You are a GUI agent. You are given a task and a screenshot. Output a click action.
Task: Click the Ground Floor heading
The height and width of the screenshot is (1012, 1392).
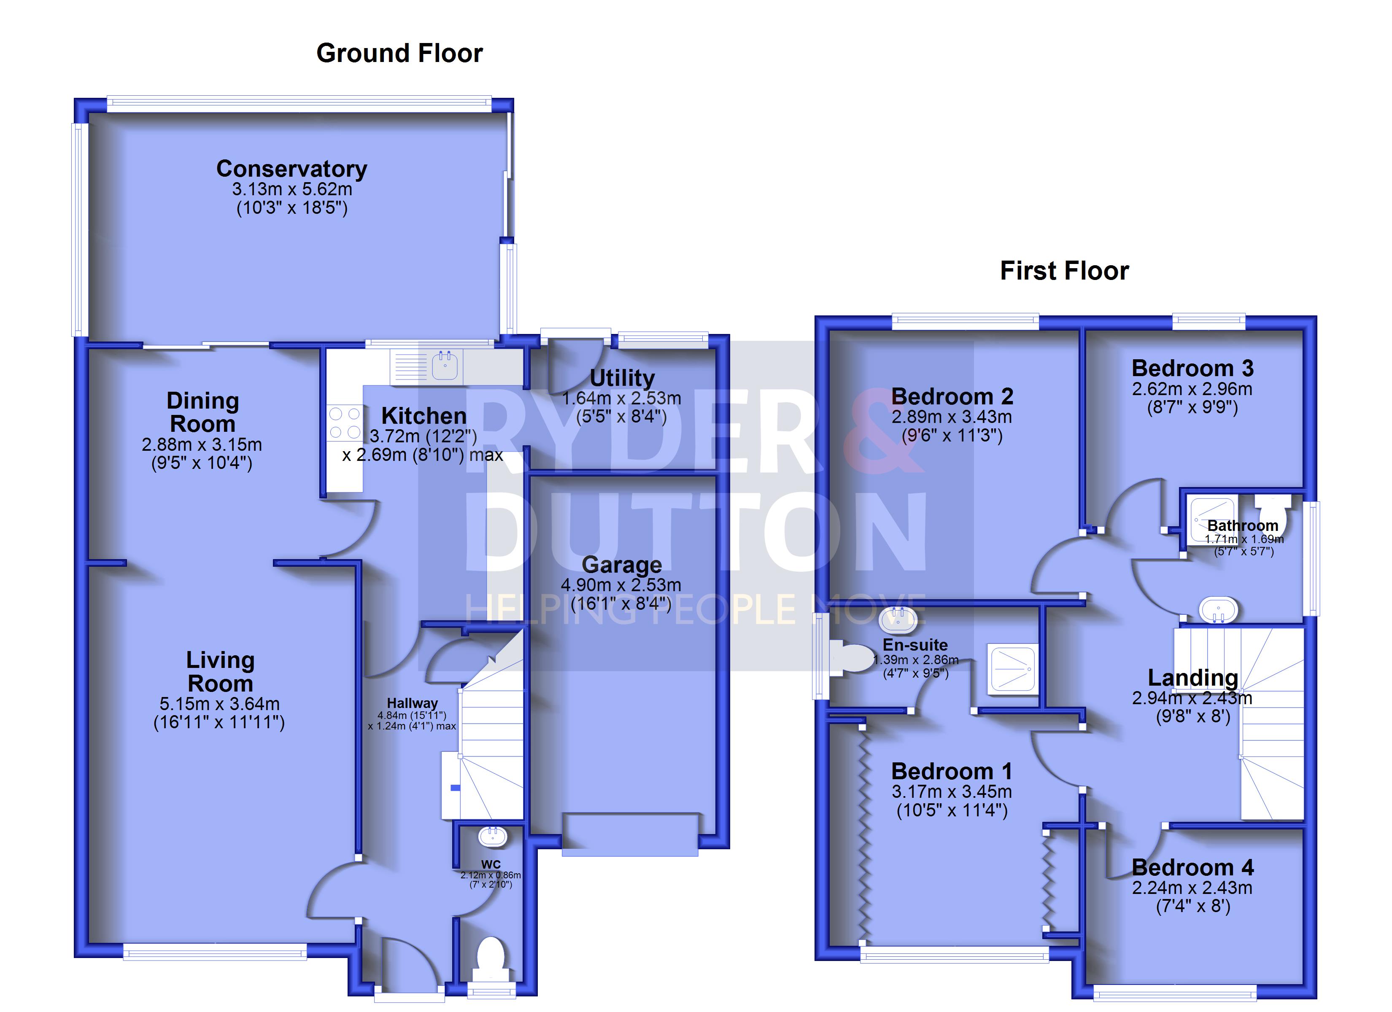click(x=399, y=54)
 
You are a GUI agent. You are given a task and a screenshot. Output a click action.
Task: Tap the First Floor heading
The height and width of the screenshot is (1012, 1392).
click(x=1064, y=271)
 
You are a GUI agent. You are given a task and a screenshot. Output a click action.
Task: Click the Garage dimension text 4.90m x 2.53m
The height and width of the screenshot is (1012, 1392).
click(x=621, y=585)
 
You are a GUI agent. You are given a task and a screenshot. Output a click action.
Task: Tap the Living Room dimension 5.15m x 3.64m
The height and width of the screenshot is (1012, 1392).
click(x=220, y=704)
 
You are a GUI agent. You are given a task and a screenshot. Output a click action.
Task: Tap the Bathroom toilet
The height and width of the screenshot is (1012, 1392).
click(x=1272, y=509)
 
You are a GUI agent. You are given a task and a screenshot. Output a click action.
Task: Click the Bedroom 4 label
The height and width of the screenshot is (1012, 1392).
click(x=1192, y=868)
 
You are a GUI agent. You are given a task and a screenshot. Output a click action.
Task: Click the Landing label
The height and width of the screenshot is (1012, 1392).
click(x=1192, y=678)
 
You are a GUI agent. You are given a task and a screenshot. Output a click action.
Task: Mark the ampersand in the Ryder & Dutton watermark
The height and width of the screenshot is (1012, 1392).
click(x=882, y=430)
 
